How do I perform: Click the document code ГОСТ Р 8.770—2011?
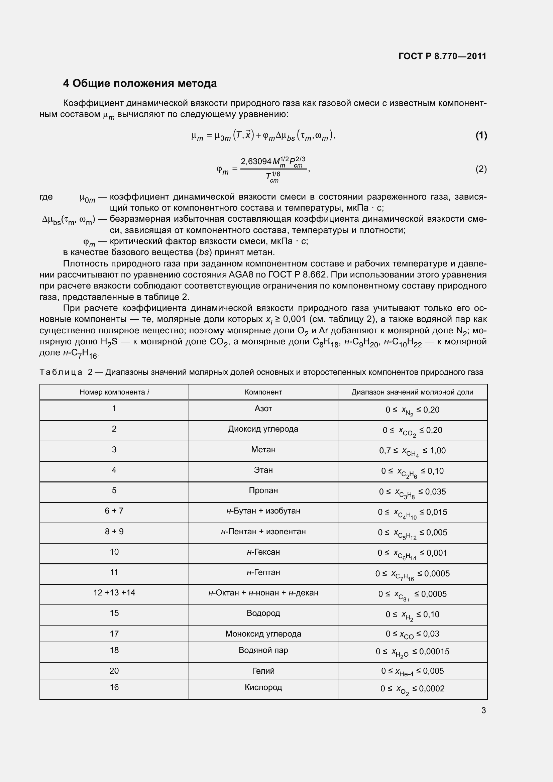pyautogui.click(x=442, y=56)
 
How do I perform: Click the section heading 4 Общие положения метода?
pyautogui.click(x=140, y=84)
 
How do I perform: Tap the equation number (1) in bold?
pyautogui.click(x=481, y=136)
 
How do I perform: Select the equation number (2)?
pyautogui.click(x=481, y=169)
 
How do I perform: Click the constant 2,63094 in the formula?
pyautogui.click(x=256, y=161)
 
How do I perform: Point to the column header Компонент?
pyautogui.click(x=263, y=392)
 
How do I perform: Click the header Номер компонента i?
pyautogui.click(x=114, y=392)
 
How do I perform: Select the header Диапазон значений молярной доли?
pyautogui.click(x=412, y=392)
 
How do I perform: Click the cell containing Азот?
pyautogui.click(x=263, y=408)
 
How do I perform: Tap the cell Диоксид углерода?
pyautogui.click(x=263, y=429)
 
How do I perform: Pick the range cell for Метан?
pyautogui.click(x=412, y=451)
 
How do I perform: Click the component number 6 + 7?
pyautogui.click(x=114, y=511)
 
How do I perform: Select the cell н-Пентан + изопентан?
pyautogui.click(x=263, y=531)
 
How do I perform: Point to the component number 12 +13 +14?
pyautogui.click(x=114, y=593)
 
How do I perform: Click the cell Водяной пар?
pyautogui.click(x=263, y=650)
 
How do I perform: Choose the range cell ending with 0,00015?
pyautogui.click(x=412, y=652)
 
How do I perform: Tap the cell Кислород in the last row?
pyautogui.click(x=263, y=687)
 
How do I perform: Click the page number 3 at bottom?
pyautogui.click(x=483, y=710)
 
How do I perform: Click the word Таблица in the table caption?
pyautogui.click(x=61, y=372)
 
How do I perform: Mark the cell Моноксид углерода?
pyautogui.click(x=263, y=634)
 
